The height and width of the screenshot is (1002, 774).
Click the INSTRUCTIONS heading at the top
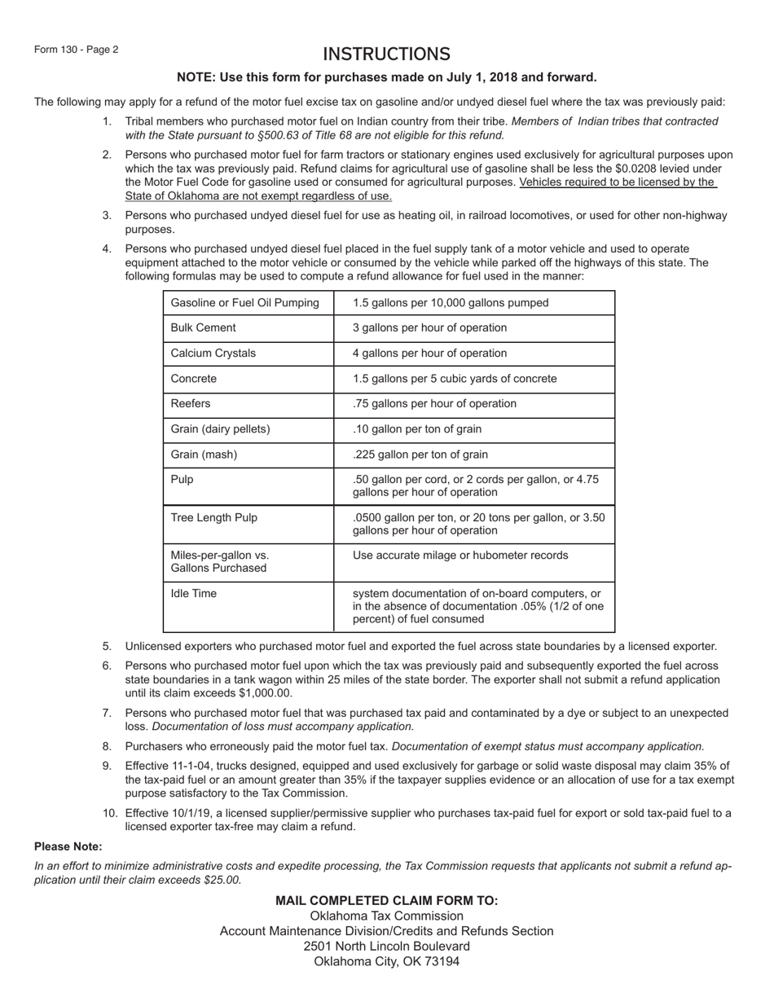pos(386,55)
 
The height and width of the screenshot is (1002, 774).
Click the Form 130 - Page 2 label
pos(76,50)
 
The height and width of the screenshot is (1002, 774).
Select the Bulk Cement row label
pos(203,327)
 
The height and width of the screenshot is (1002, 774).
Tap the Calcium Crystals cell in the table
pos(213,353)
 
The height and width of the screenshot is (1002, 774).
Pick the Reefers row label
pos(190,403)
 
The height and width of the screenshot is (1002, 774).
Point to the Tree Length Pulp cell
pos(213,517)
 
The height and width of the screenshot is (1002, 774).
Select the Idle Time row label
pos(193,593)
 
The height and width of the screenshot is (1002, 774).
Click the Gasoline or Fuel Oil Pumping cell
pos(244,303)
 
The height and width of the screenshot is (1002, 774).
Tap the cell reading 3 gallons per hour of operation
pos(429,327)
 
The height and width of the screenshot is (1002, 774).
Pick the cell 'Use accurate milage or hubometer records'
pos(460,555)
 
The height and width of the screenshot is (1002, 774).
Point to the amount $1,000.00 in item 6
pos(262,693)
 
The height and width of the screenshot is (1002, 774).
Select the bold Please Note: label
pos(68,846)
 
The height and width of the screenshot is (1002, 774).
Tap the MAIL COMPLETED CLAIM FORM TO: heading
pos(386,900)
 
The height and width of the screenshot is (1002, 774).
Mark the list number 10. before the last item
pos(110,813)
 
